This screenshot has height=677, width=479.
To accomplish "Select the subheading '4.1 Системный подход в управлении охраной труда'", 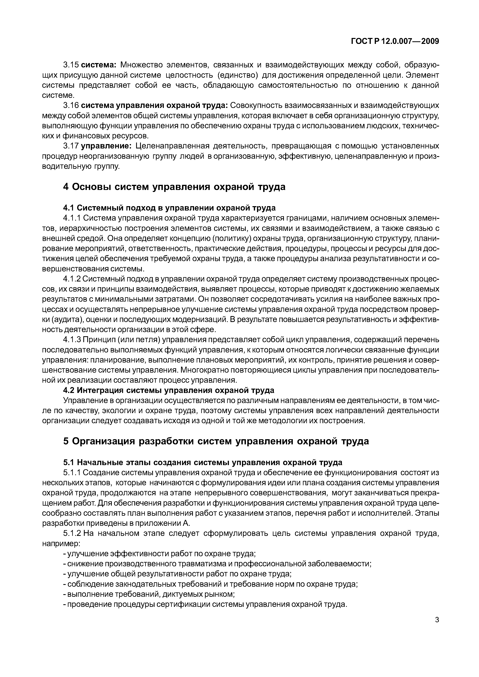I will [169, 208].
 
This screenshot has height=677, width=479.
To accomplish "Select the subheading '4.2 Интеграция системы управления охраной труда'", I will [169, 390].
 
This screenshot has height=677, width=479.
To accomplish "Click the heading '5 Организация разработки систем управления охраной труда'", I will [216, 441].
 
